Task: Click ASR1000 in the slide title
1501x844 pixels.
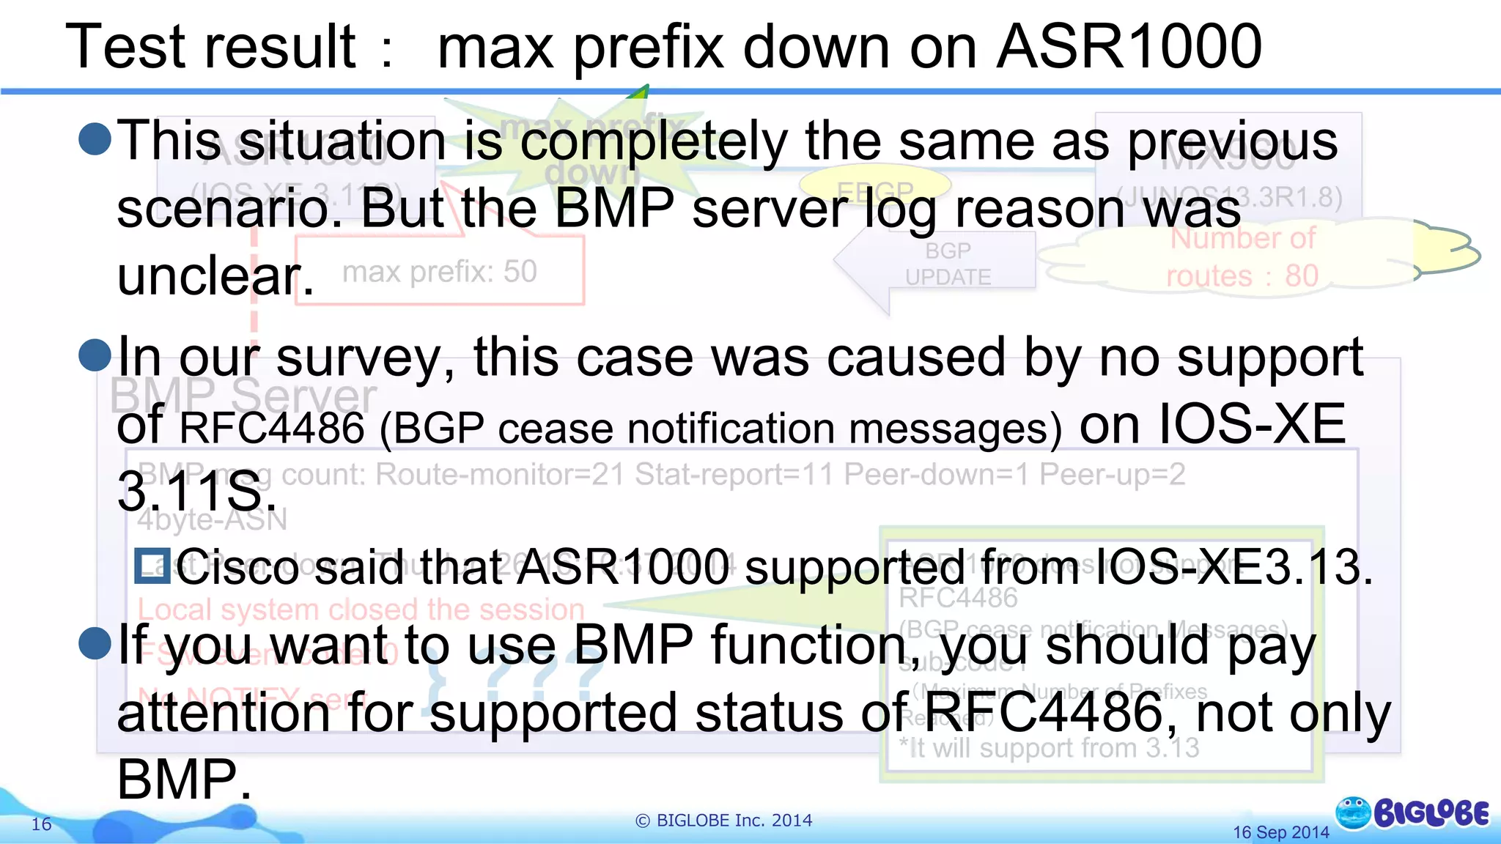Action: click(x=1129, y=47)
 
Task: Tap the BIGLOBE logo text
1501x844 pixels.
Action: click(x=1431, y=813)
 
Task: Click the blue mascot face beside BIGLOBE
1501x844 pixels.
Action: click(x=1353, y=812)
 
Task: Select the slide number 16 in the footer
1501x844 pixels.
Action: click(x=42, y=824)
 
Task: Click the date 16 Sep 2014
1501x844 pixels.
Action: click(x=1280, y=832)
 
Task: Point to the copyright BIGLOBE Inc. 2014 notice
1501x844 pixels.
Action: click(x=724, y=821)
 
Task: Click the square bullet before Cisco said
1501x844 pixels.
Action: click(x=152, y=566)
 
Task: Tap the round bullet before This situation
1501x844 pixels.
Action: click(x=95, y=138)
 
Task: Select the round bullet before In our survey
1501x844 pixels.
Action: click(x=95, y=355)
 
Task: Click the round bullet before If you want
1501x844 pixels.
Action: click(x=95, y=643)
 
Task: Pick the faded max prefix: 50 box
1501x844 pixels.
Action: click(x=440, y=272)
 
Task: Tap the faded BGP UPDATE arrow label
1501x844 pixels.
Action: click(x=948, y=264)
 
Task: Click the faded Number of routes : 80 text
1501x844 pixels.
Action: click(x=1242, y=257)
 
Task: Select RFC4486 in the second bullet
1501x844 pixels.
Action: click(x=271, y=428)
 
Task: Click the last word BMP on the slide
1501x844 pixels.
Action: click(x=184, y=779)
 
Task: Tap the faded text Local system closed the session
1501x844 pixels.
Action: click(x=361, y=610)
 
